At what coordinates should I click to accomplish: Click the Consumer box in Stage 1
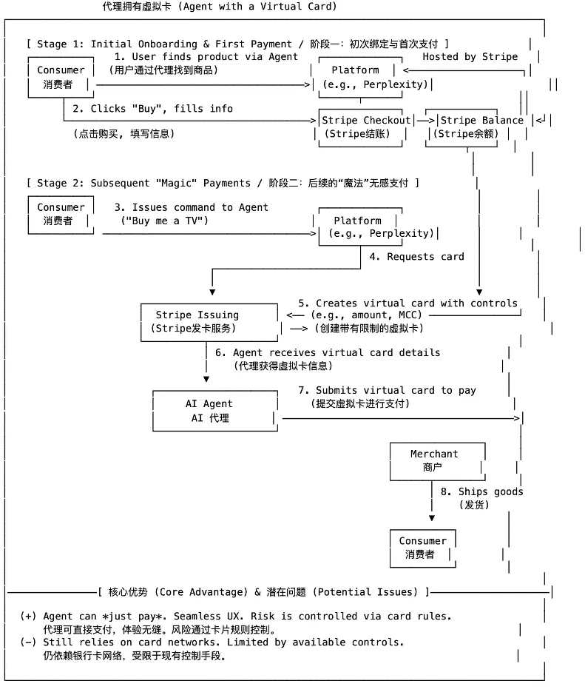[x=61, y=77]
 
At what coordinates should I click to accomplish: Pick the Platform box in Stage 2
[x=358, y=226]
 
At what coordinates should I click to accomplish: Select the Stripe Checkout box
[x=364, y=127]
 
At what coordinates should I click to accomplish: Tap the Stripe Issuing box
[x=197, y=321]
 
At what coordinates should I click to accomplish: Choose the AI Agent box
[x=209, y=411]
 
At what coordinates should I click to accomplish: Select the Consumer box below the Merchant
[x=423, y=548]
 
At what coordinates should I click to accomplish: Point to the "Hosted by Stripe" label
[x=470, y=56]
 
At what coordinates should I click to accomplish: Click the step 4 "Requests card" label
[x=416, y=257]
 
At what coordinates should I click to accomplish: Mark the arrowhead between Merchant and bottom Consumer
[x=432, y=517]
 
